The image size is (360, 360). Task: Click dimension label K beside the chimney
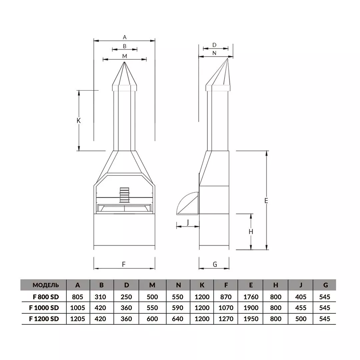click(x=79, y=121)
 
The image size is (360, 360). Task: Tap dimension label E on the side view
click(x=266, y=201)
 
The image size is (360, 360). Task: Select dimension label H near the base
click(x=251, y=232)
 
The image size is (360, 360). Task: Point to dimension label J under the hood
click(x=188, y=222)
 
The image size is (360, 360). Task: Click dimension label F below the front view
click(x=124, y=264)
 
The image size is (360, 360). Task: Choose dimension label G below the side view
click(x=215, y=264)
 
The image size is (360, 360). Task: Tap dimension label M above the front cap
click(x=124, y=56)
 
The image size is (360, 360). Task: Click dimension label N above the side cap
click(x=214, y=53)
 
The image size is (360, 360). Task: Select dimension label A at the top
click(x=125, y=37)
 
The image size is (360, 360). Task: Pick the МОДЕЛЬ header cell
click(x=46, y=285)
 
